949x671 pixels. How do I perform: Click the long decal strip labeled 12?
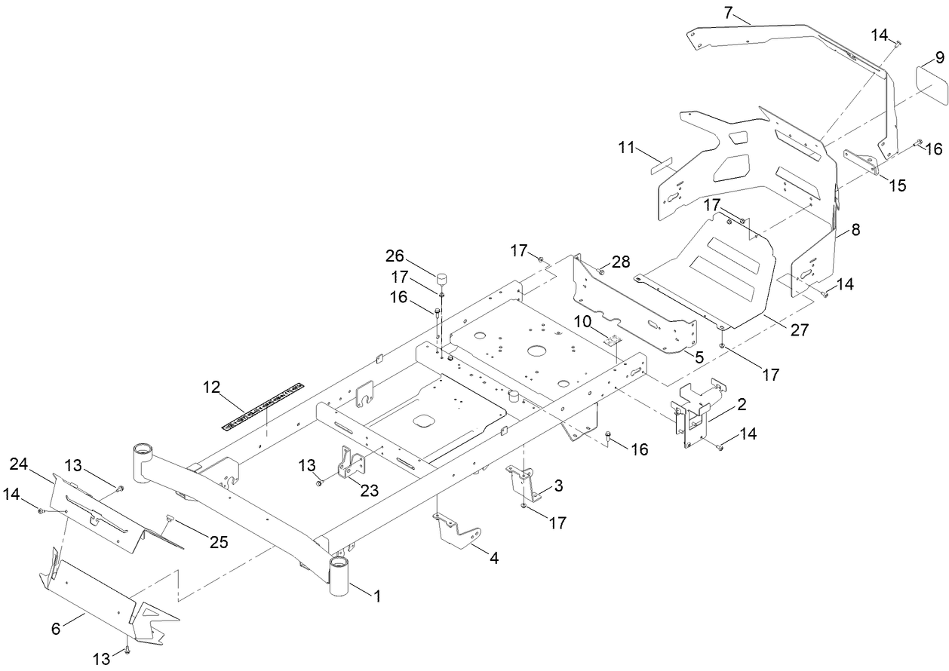263,407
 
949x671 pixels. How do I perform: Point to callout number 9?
939,57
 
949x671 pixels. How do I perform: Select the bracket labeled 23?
348,461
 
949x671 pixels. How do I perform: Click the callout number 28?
621,261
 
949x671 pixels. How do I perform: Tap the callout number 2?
742,405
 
